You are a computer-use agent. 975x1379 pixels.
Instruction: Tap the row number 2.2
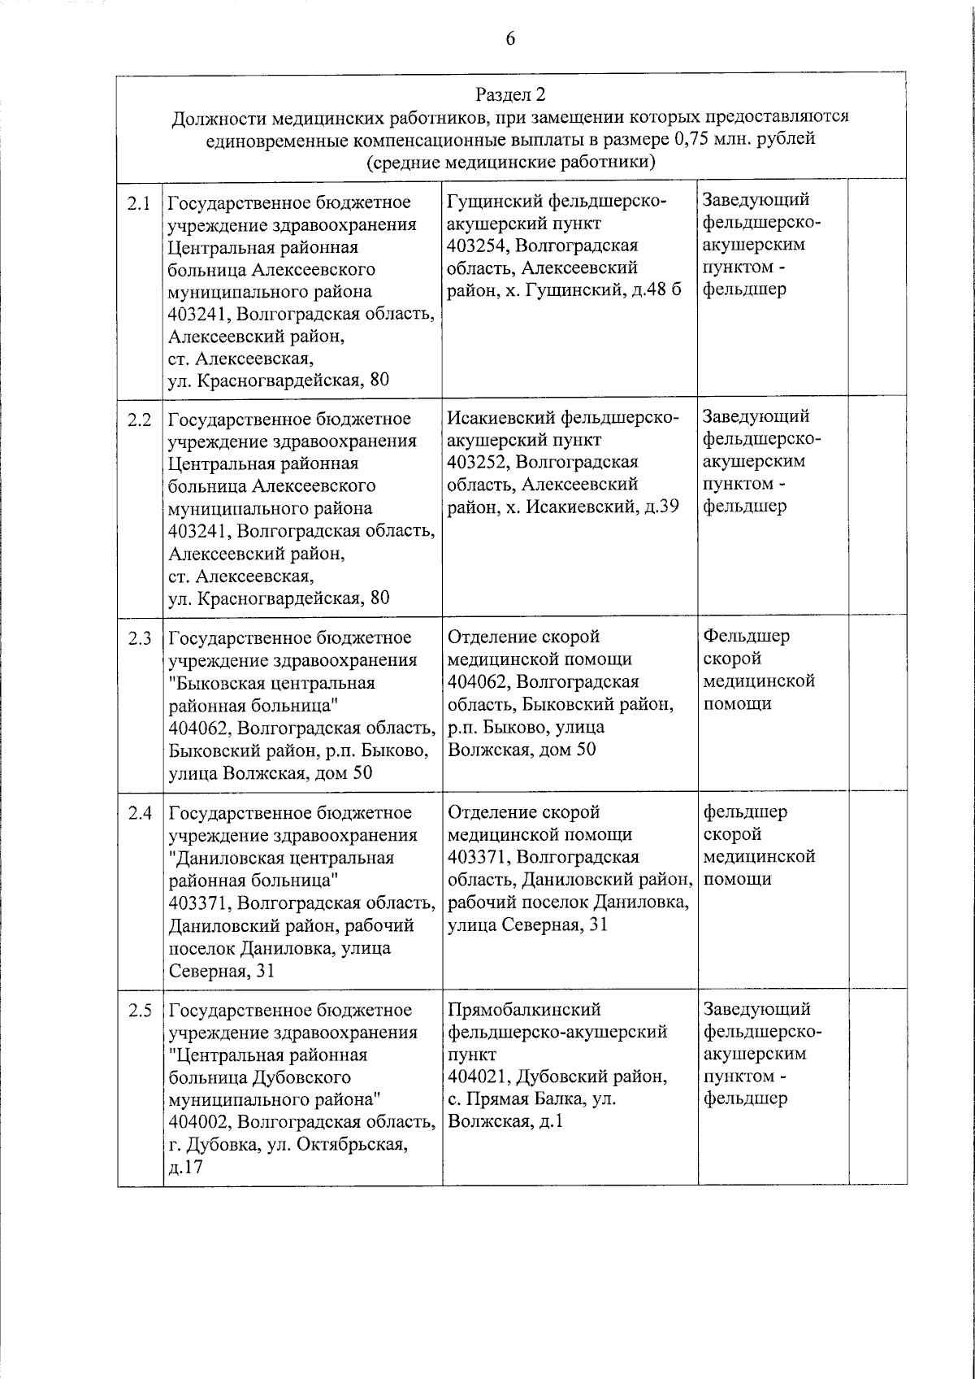140,420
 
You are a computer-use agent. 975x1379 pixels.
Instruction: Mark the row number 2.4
140,813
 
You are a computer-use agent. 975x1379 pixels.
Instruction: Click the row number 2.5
140,1011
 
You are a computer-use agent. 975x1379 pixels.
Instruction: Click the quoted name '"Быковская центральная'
271,682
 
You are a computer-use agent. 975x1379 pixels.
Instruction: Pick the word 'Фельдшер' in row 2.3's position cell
746,636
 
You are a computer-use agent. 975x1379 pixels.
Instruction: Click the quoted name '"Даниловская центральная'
281,858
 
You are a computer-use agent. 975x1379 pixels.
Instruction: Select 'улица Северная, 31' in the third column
527,924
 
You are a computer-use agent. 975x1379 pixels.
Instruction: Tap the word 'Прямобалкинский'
524,1010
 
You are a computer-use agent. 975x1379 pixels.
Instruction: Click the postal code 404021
478,1077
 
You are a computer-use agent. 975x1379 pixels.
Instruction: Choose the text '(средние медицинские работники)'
510,162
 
